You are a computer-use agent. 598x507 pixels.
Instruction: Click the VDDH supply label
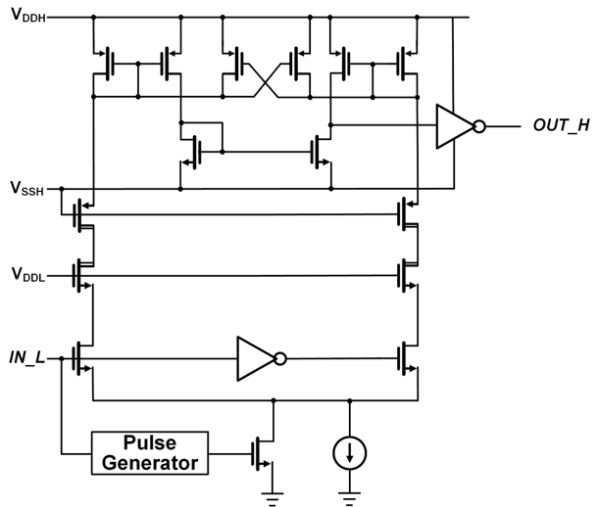point(28,16)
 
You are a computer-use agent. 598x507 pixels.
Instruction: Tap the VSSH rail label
point(27,188)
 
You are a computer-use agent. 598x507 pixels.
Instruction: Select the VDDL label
point(28,274)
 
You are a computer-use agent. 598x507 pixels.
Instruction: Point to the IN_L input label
point(26,358)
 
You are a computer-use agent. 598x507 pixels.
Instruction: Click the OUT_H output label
point(562,125)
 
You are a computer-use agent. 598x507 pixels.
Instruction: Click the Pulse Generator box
point(150,453)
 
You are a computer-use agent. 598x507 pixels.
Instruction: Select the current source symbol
point(350,453)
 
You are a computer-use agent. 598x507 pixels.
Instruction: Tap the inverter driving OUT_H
point(461,126)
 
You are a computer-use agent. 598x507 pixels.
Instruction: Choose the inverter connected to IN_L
point(261,358)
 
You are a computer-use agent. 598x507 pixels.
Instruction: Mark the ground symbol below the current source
point(349,498)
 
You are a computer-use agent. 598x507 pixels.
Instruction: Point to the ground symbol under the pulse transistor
point(273,498)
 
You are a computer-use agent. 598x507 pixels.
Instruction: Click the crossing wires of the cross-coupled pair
point(266,80)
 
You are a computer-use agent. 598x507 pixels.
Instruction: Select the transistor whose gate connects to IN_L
point(82,358)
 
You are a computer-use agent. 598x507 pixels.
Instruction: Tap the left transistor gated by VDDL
point(82,276)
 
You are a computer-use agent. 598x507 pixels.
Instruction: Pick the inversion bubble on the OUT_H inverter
point(479,126)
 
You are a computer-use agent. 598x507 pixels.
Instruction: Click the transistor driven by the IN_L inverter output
point(407,358)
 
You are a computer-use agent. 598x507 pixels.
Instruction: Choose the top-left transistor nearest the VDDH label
point(103,64)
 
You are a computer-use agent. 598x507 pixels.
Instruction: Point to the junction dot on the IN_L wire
point(62,358)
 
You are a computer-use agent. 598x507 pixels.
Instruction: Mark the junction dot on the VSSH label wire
point(62,189)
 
